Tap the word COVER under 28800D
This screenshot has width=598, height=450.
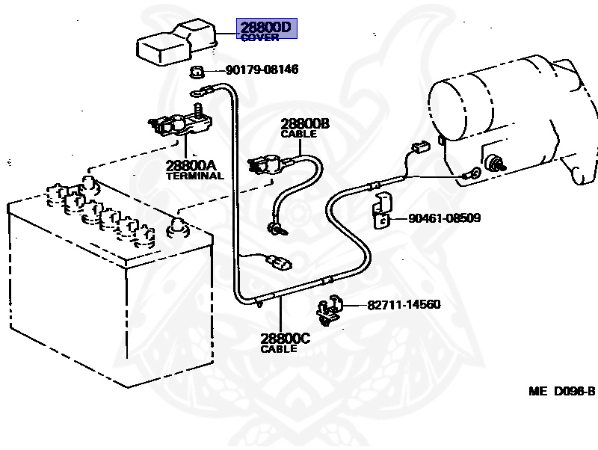(259, 38)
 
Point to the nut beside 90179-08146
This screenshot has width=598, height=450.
(198, 73)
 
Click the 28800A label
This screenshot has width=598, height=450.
(191, 165)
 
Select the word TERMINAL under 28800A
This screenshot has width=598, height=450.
(194, 176)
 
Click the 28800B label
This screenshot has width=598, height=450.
(305, 124)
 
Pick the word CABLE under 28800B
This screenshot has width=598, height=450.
(298, 135)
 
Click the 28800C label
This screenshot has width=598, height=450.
(285, 339)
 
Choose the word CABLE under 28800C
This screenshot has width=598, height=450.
(279, 349)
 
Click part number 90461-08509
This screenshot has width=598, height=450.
(444, 219)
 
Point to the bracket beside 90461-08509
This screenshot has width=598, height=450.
(383, 210)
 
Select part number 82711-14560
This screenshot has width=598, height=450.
(404, 305)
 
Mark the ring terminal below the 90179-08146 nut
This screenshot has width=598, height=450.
(200, 93)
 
